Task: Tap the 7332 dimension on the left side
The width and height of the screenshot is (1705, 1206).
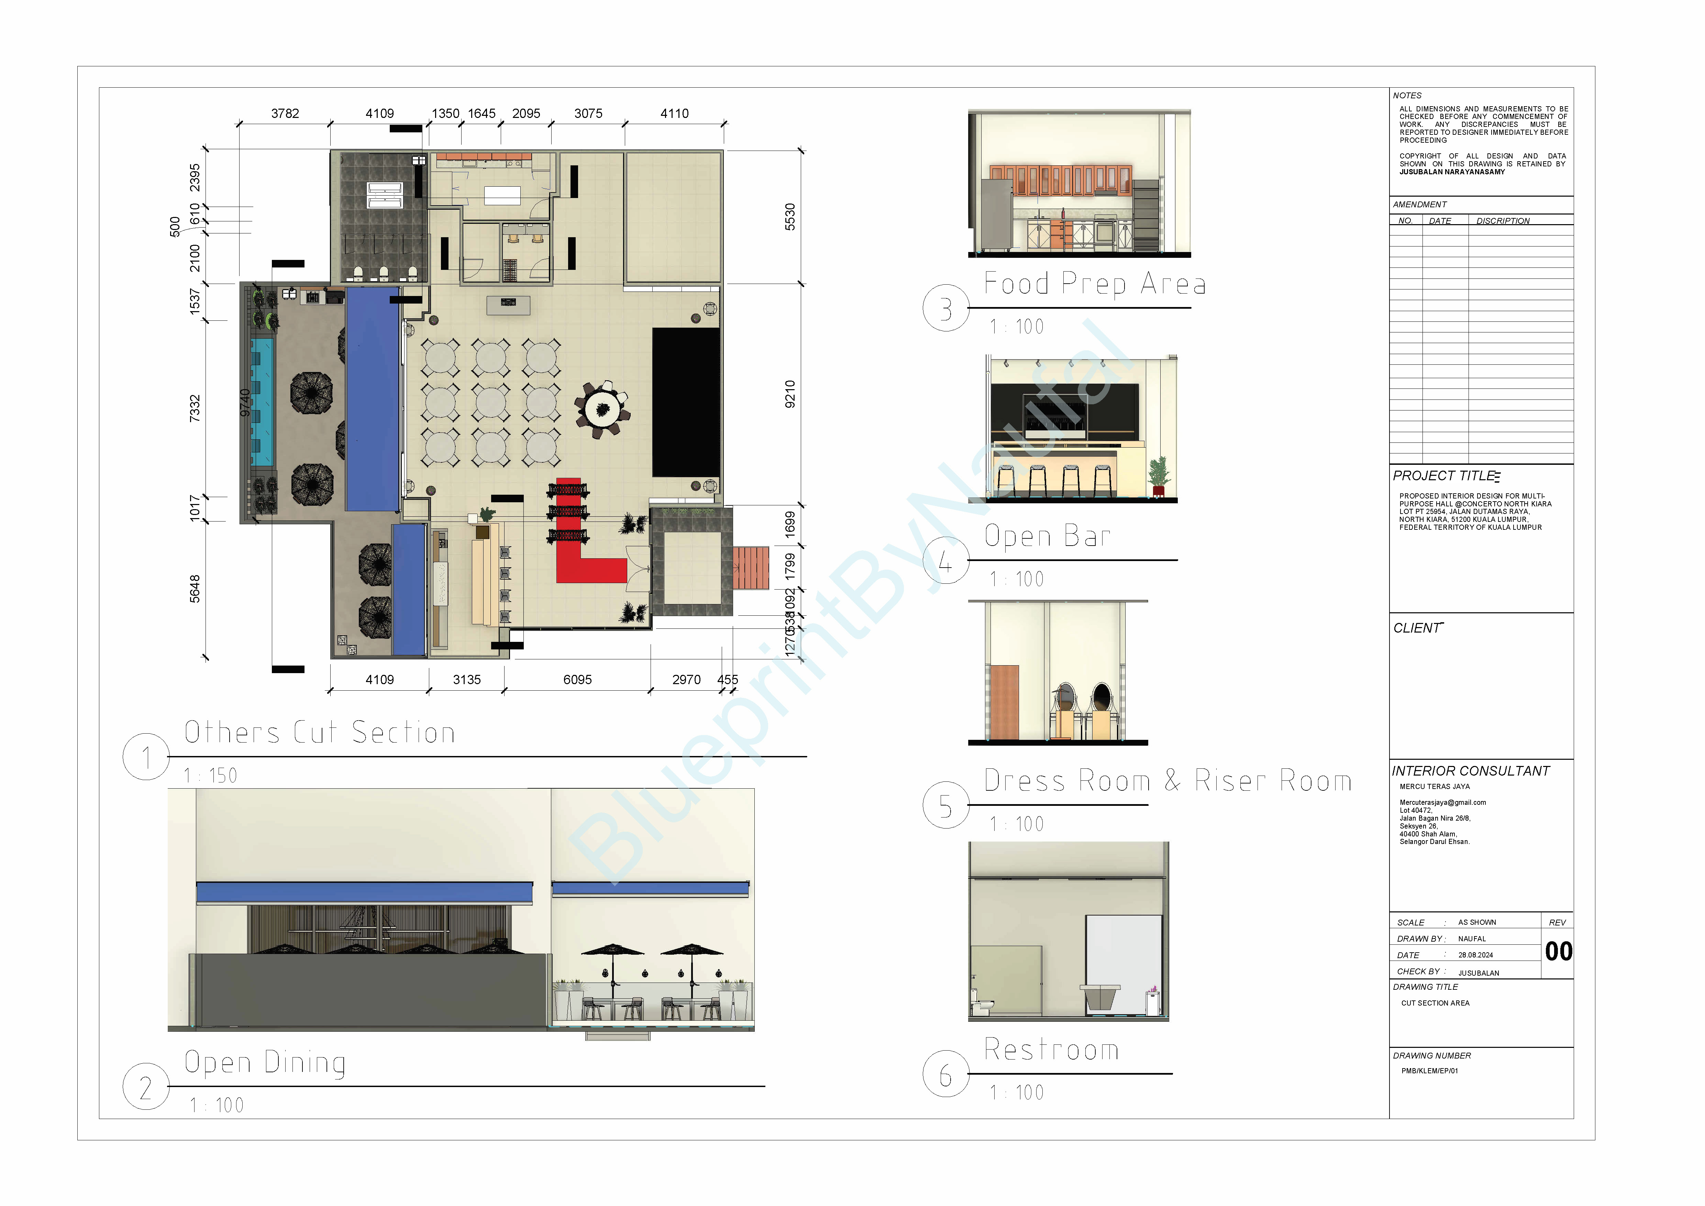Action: click(195, 408)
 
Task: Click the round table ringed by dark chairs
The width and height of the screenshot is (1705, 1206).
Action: click(602, 408)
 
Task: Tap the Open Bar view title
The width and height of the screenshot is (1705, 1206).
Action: click(1047, 536)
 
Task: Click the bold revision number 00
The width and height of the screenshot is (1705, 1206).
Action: click(1558, 951)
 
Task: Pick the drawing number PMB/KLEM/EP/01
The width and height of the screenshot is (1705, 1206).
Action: click(1429, 1071)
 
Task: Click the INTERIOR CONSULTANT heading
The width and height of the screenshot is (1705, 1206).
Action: click(1470, 771)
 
